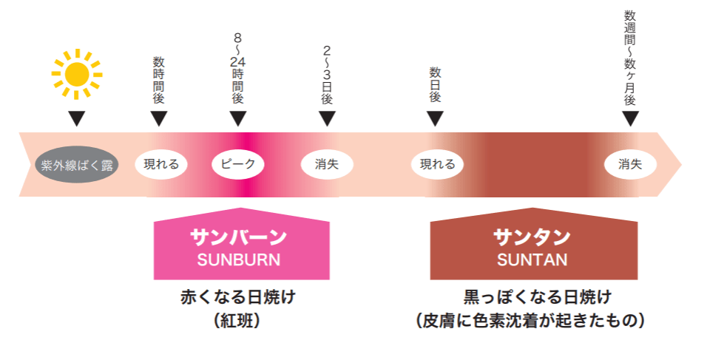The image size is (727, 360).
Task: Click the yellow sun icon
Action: click(76, 73)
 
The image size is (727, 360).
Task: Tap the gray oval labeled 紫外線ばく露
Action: click(77, 164)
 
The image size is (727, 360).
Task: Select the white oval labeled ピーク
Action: click(238, 164)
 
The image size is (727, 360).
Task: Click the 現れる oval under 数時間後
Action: click(161, 164)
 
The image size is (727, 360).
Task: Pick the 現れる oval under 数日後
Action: click(437, 164)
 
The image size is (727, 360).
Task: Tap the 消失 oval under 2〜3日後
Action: click(327, 164)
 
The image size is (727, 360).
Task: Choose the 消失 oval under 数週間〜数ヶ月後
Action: click(630, 164)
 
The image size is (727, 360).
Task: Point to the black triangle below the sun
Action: click(76, 118)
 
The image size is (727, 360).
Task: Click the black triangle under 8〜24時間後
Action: click(237, 118)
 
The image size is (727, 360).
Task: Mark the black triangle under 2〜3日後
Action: click(327, 118)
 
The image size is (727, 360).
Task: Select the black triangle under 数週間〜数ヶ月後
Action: click(630, 118)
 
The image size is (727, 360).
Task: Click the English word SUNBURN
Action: click(239, 259)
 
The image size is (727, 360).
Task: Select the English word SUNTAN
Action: click(532, 259)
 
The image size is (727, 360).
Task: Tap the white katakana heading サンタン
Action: click(532, 237)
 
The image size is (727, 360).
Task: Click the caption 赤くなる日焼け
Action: click(238, 298)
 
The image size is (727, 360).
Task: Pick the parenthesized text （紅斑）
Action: click(238, 321)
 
